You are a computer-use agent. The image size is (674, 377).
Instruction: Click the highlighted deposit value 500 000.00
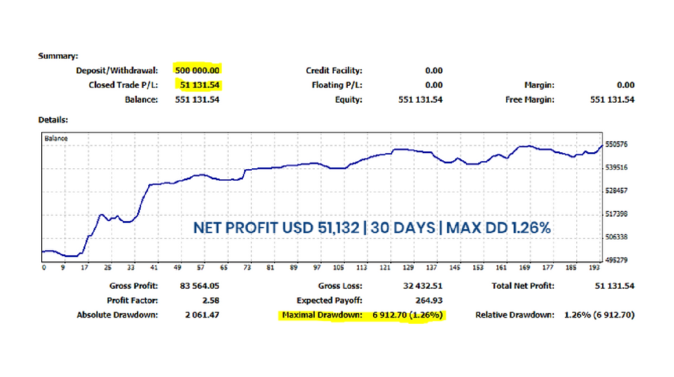pyautogui.click(x=197, y=70)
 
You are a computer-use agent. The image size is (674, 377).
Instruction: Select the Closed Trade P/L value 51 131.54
pyautogui.click(x=199, y=85)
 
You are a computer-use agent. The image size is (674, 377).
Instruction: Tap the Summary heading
pyautogui.click(x=58, y=56)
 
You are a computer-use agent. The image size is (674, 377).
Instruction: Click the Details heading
pyautogui.click(x=53, y=120)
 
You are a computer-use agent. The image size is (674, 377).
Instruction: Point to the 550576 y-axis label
pyautogui.click(x=616, y=144)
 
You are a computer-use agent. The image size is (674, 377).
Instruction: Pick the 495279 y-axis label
pyautogui.click(x=616, y=260)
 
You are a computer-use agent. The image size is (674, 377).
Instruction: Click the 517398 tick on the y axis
pyautogui.click(x=616, y=214)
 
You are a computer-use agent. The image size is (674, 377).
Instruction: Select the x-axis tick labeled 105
pyautogui.click(x=338, y=267)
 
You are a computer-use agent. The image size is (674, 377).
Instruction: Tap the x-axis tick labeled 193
pyautogui.click(x=594, y=267)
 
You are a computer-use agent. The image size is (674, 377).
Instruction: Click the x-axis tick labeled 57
pyautogui.click(x=201, y=267)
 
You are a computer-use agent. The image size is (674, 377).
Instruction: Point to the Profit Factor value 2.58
pyautogui.click(x=210, y=300)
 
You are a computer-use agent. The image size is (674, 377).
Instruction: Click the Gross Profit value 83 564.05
pyautogui.click(x=199, y=286)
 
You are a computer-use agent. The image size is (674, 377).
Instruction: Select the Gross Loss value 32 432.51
pyautogui.click(x=423, y=286)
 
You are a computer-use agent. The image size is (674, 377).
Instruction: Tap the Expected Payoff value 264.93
pyautogui.click(x=429, y=300)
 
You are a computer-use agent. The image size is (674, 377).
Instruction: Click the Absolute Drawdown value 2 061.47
pyautogui.click(x=202, y=315)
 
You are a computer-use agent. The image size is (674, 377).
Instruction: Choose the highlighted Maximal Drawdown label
pyautogui.click(x=322, y=315)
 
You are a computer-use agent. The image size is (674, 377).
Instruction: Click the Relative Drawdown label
pyautogui.click(x=515, y=315)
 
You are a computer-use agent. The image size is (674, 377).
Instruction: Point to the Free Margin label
pyautogui.click(x=530, y=99)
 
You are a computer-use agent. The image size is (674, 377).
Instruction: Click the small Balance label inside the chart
pyautogui.click(x=56, y=139)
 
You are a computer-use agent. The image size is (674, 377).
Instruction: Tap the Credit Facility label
pyautogui.click(x=334, y=70)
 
